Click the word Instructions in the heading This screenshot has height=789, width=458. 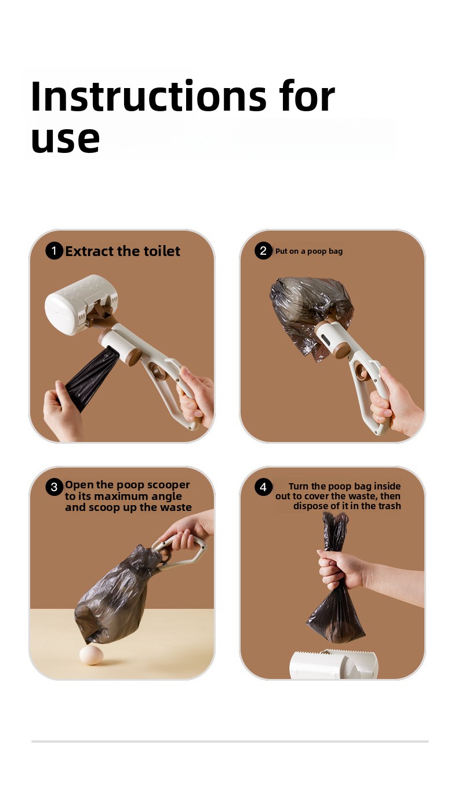148,96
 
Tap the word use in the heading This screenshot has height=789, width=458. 66,139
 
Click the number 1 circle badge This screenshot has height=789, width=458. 54,251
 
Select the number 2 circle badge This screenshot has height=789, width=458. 263,251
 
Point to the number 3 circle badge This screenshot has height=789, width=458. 54,487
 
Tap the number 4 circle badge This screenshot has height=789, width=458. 263,487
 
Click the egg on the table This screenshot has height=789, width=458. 92,655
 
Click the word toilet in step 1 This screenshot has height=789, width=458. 162,251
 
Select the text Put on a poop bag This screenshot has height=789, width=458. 309,251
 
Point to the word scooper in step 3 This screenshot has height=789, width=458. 169,485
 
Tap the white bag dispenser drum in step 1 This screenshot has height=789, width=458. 81,305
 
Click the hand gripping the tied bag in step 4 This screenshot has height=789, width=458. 340,568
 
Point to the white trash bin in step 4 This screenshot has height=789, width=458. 333,664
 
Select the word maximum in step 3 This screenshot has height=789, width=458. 121,496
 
